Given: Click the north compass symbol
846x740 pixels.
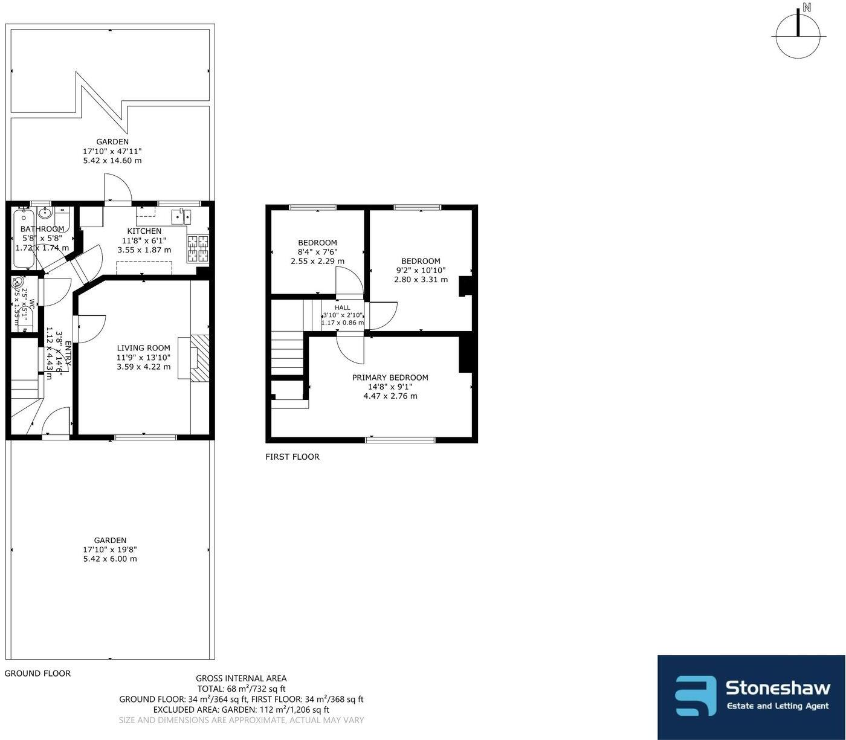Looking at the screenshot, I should click(x=798, y=35).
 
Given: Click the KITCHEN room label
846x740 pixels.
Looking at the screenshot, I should click(x=144, y=231).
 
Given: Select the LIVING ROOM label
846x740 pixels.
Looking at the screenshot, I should click(x=143, y=348).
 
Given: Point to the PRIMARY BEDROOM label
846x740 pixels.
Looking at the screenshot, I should click(x=390, y=378).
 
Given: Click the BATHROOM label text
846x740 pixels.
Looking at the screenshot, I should click(x=42, y=229).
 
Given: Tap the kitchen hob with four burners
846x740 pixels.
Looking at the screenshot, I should click(x=198, y=248).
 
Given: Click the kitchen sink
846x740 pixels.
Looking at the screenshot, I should click(x=181, y=216).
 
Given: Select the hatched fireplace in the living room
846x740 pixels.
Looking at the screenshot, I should click(x=200, y=358).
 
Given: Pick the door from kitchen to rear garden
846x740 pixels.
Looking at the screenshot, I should click(x=117, y=188).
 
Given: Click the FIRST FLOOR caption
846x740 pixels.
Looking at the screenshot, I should click(x=292, y=457).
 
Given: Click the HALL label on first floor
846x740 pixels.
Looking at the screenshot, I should click(x=343, y=307).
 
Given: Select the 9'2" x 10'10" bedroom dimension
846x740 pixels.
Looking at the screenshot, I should click(x=421, y=271).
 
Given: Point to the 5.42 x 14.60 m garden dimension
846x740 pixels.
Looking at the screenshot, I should click(x=112, y=161).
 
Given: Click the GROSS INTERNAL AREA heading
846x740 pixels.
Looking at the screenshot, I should click(x=241, y=678).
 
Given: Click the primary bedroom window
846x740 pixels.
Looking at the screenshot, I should click(x=400, y=440).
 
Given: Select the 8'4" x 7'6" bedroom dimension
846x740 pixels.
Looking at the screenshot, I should click(x=317, y=252).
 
